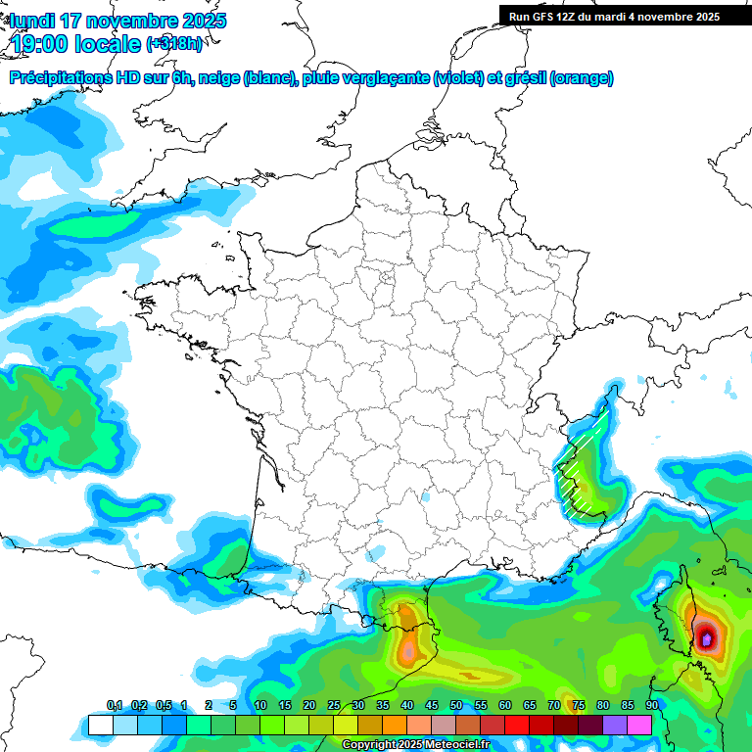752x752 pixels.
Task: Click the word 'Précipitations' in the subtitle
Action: pyautogui.click(x=70, y=78)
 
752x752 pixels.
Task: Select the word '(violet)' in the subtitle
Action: pyautogui.click(x=458, y=78)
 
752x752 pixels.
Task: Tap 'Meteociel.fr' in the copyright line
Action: pyautogui.click(x=459, y=745)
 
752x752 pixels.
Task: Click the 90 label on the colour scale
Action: pyautogui.click(x=651, y=705)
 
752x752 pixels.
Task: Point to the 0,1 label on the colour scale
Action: pyautogui.click(x=114, y=705)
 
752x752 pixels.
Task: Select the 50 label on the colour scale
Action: pyautogui.click(x=456, y=705)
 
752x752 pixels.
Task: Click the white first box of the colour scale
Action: pyautogui.click(x=100, y=725)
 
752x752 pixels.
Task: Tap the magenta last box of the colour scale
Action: pyautogui.click(x=639, y=725)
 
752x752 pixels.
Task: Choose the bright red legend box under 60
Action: pyautogui.click(x=516, y=725)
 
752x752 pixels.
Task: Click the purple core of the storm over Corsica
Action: pyautogui.click(x=707, y=639)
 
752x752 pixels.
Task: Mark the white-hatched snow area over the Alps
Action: pyautogui.click(x=580, y=470)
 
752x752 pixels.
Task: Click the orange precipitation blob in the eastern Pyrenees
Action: pyautogui.click(x=405, y=619)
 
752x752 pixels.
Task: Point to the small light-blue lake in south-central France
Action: pyautogui.click(x=426, y=496)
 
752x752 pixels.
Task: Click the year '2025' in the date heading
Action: pyautogui.click(x=205, y=21)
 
